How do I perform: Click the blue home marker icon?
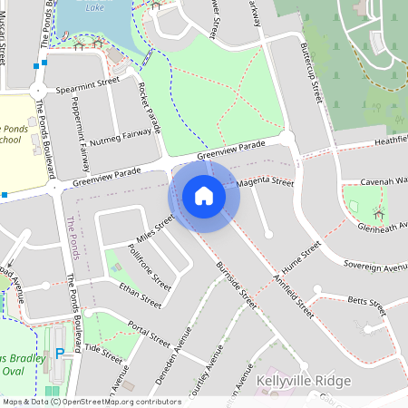coord(204,196)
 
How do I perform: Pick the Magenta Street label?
coord(265,183)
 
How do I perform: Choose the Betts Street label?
coord(366,298)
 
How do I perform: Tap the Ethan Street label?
coord(140,295)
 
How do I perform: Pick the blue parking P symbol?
coord(60,353)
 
